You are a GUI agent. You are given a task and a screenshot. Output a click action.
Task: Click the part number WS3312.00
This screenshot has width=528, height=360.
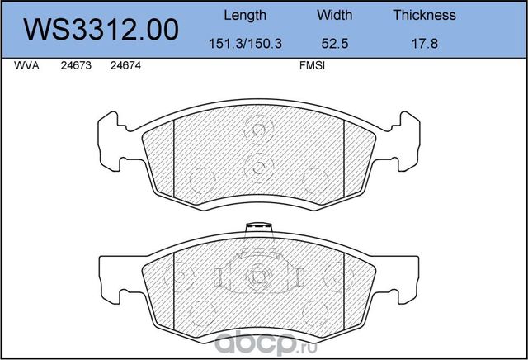pos(101,30)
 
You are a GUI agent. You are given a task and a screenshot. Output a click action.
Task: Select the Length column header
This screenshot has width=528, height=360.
pos(245,15)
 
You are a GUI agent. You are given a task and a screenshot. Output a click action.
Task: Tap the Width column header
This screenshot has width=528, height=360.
pos(334,15)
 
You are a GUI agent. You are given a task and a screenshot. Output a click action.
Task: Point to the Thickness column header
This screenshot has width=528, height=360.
pos(424,15)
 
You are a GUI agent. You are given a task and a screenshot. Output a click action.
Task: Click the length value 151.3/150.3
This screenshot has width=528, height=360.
pos(245,44)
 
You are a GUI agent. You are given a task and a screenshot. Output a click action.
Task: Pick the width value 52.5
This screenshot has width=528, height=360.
pos(334,44)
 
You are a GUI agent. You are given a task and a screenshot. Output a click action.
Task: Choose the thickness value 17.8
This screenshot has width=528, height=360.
pos(425,44)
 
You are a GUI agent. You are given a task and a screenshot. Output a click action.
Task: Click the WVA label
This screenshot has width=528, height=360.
pos(26,65)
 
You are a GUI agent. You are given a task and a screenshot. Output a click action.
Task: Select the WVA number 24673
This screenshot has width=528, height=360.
pos(76,65)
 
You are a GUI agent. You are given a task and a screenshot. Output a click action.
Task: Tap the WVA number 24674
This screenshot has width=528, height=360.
pos(125,65)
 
